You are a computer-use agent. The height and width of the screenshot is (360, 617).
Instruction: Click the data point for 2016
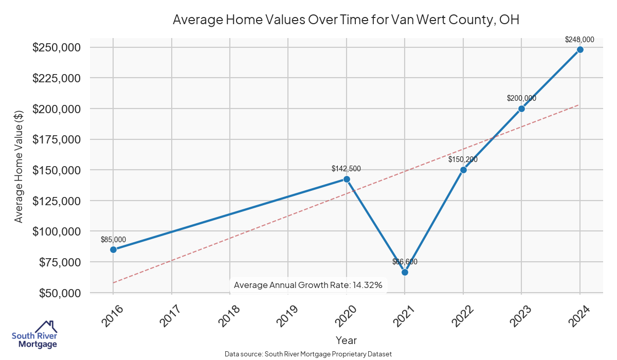(x=113, y=249)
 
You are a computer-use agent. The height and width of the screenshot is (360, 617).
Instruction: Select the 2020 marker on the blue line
(x=347, y=179)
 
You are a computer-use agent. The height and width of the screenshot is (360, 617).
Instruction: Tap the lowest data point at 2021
(x=405, y=272)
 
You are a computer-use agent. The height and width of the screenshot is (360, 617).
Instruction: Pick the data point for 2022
(x=463, y=170)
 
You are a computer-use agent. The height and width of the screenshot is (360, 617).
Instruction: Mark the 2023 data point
(x=521, y=109)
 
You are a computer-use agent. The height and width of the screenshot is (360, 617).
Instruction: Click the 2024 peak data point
(x=580, y=49)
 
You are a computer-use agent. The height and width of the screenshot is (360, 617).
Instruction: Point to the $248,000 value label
(x=579, y=39)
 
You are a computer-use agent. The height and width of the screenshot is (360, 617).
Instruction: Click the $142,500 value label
(x=346, y=168)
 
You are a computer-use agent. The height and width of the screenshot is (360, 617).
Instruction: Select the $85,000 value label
(x=113, y=239)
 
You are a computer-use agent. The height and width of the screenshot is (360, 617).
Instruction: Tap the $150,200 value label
(x=463, y=159)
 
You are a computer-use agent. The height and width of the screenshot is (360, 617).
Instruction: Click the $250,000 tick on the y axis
(x=56, y=47)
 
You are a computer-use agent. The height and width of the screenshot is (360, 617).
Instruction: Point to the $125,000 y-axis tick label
(x=56, y=201)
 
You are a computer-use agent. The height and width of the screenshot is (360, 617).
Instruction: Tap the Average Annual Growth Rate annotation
(x=308, y=285)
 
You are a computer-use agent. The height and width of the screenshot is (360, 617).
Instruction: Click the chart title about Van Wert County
(x=346, y=20)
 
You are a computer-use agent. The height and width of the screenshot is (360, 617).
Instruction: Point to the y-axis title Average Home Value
(x=19, y=167)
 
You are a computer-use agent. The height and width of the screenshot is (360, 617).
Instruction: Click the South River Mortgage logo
(x=34, y=334)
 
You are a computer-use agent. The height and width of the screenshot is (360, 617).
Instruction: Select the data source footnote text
(x=308, y=354)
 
